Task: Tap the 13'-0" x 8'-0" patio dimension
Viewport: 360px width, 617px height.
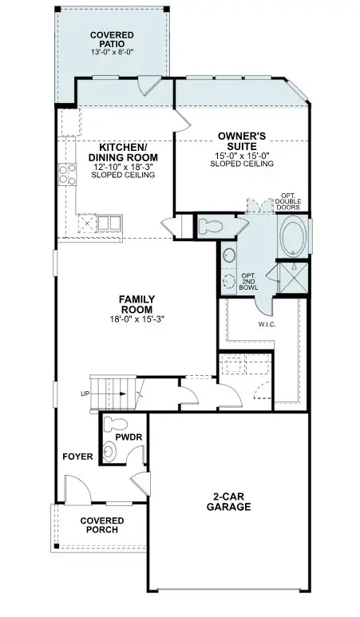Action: (x=112, y=53)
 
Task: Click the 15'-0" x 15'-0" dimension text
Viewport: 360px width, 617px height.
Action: (x=242, y=155)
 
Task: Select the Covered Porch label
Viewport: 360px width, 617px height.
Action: (x=101, y=525)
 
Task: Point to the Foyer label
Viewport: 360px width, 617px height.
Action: (x=79, y=457)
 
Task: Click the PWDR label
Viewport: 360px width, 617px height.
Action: (x=129, y=438)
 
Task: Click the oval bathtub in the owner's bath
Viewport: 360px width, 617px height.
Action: (x=291, y=236)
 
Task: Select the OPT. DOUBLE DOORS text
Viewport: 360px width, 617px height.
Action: (x=289, y=201)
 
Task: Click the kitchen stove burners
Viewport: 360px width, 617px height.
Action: (x=66, y=174)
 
